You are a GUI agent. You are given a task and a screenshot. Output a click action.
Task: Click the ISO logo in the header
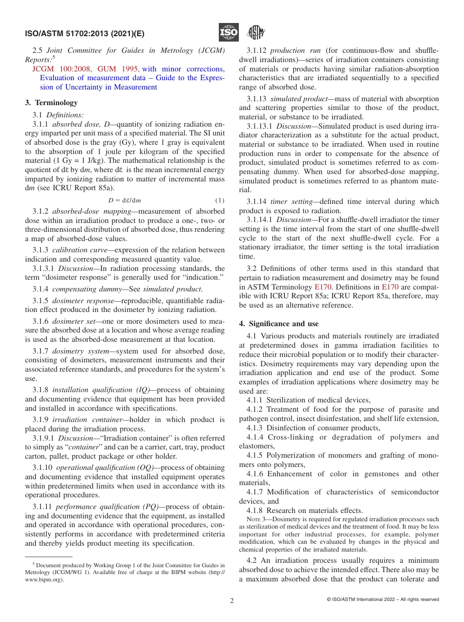pyautogui.click(x=229, y=33)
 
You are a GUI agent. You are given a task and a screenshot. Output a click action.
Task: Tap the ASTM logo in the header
pyautogui.click(x=255, y=33)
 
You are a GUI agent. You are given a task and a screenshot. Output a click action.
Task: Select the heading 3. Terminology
pyautogui.click(x=51, y=103)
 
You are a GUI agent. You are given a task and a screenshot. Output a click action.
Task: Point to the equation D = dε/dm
pyautogui.click(x=125, y=200)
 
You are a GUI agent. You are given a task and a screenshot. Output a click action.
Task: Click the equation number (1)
pyautogui.click(x=220, y=200)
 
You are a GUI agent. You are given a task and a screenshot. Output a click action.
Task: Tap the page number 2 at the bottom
pyautogui.click(x=232, y=601)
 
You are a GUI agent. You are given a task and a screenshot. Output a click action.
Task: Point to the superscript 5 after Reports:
pyautogui.click(x=53, y=57)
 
